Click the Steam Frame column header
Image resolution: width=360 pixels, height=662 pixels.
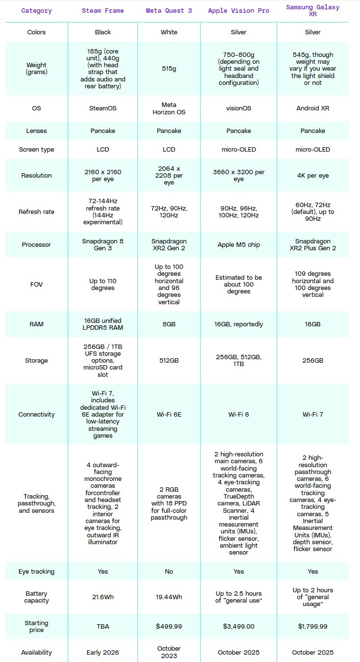click(x=103, y=11)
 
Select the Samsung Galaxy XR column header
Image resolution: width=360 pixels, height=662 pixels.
click(x=312, y=11)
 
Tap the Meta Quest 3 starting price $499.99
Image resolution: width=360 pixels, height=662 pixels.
click(x=169, y=626)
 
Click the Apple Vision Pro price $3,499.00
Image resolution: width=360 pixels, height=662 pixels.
click(x=238, y=626)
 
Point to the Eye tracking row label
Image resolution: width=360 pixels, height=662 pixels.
click(x=37, y=571)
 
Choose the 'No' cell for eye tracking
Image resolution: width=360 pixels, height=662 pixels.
click(x=169, y=571)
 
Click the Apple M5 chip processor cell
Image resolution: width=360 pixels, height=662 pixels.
click(x=238, y=244)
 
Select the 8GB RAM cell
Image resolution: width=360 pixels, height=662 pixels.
click(x=169, y=324)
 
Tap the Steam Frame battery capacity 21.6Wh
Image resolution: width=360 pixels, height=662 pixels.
click(x=103, y=597)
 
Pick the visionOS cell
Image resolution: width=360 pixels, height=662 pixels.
click(x=238, y=108)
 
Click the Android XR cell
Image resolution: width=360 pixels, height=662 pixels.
click(x=312, y=108)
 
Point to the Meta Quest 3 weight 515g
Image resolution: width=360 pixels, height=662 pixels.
click(x=169, y=69)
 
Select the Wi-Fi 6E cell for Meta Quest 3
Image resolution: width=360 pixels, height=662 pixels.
click(x=169, y=414)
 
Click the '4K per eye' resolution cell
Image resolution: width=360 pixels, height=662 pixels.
click(x=312, y=175)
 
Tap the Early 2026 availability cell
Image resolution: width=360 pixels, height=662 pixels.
click(x=103, y=652)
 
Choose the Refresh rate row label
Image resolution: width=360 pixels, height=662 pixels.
click(x=37, y=212)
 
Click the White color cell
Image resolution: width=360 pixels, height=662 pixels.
click(x=169, y=32)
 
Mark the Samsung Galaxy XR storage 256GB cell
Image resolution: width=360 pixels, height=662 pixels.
click(x=312, y=360)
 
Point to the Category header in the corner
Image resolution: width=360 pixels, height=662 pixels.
click(x=37, y=11)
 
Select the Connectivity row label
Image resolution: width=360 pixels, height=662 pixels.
click(x=37, y=414)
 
